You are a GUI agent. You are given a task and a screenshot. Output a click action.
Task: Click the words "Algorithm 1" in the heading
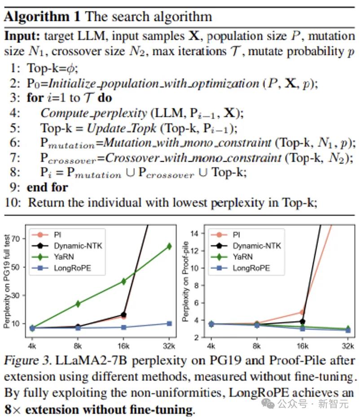42,17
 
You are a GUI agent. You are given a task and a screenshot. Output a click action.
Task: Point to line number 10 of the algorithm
13,202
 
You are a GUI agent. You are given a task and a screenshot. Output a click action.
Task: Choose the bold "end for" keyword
47,187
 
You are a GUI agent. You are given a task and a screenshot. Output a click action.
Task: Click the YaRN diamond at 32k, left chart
169,246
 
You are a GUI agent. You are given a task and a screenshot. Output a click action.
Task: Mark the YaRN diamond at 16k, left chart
123,281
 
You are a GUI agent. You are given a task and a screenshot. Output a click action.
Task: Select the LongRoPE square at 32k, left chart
169,323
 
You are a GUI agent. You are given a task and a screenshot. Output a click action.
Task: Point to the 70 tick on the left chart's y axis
18,239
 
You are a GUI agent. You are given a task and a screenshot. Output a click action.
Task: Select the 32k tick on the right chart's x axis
348,346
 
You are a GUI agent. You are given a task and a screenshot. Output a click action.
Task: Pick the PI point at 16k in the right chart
302,312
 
